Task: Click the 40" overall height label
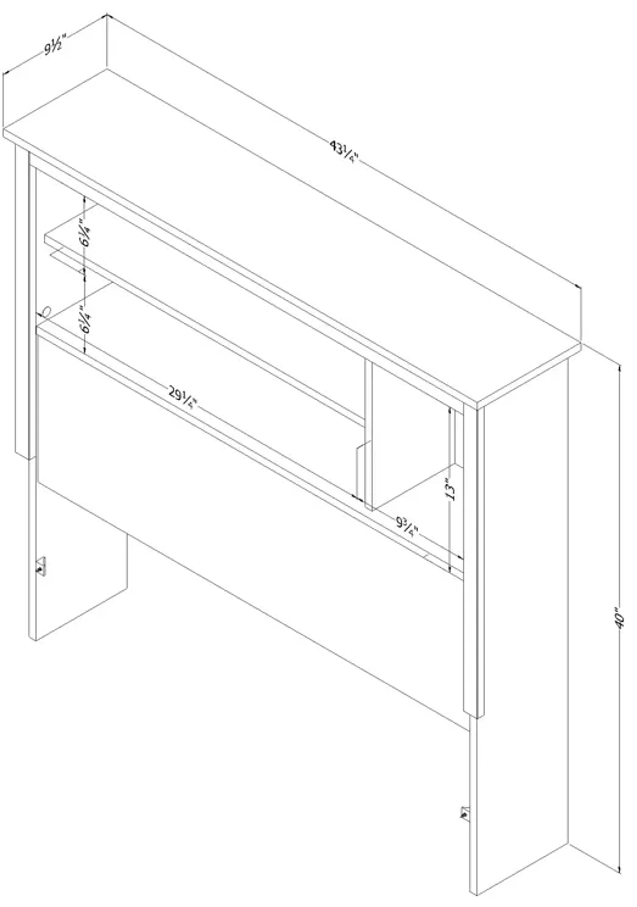620,621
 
